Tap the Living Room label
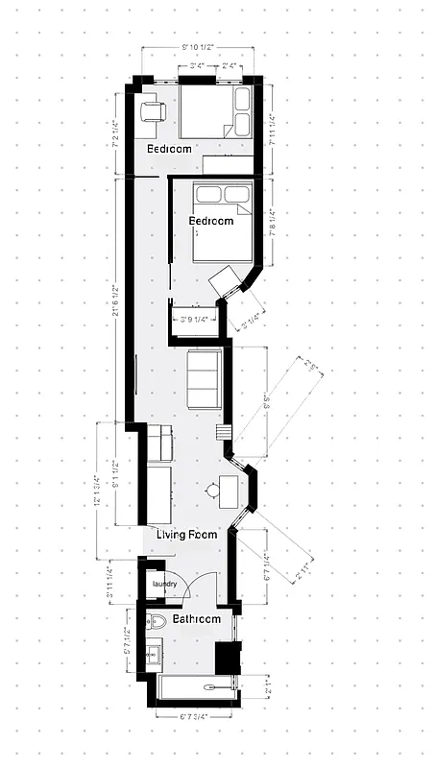[187, 534]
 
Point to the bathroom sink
[153, 656]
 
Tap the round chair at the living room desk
[210, 492]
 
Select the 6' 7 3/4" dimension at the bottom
[182, 716]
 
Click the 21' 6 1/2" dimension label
[116, 298]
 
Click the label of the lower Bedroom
[210, 221]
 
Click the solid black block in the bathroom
[226, 658]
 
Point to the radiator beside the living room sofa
[229, 435]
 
